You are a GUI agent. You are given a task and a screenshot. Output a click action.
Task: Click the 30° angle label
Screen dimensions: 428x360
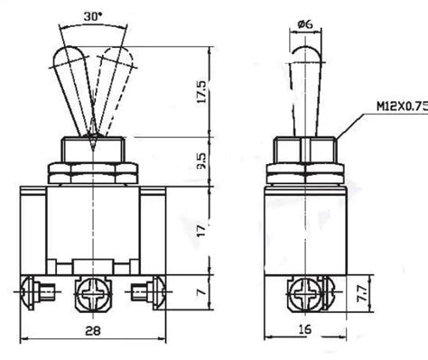pyautogui.click(x=92, y=16)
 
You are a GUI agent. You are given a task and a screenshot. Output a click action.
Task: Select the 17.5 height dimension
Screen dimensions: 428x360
pyautogui.click(x=201, y=92)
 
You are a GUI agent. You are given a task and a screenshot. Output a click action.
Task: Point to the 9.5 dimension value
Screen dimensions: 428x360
pyautogui.click(x=201, y=161)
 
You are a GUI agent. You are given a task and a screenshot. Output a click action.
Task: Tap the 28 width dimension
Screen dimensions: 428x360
pyautogui.click(x=93, y=331)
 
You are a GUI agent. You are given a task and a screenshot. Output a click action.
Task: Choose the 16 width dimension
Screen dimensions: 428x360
pyautogui.click(x=304, y=329)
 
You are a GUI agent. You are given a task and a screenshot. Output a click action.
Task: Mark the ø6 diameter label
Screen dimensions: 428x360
pyautogui.click(x=305, y=24)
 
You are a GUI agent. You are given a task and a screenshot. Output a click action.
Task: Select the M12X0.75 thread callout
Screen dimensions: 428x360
pyautogui.click(x=403, y=106)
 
